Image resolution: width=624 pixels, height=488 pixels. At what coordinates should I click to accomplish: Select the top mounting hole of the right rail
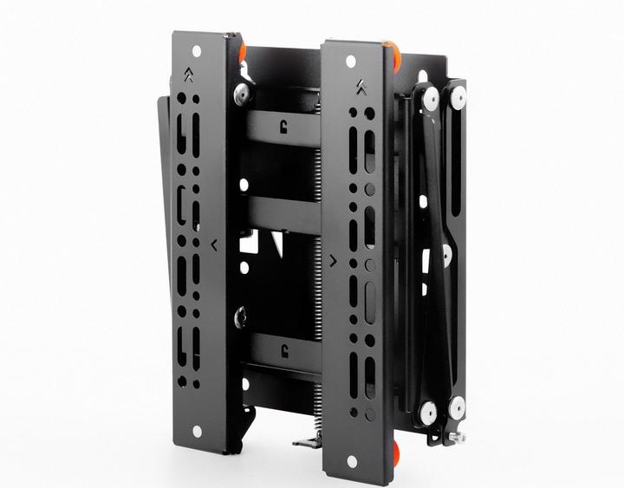(351, 62)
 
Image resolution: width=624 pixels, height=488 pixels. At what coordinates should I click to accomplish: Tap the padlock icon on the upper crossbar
(283, 126)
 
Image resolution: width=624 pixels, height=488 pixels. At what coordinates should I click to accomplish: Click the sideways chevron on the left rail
(214, 244)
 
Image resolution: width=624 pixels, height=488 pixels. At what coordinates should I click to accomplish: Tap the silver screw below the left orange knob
(244, 92)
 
